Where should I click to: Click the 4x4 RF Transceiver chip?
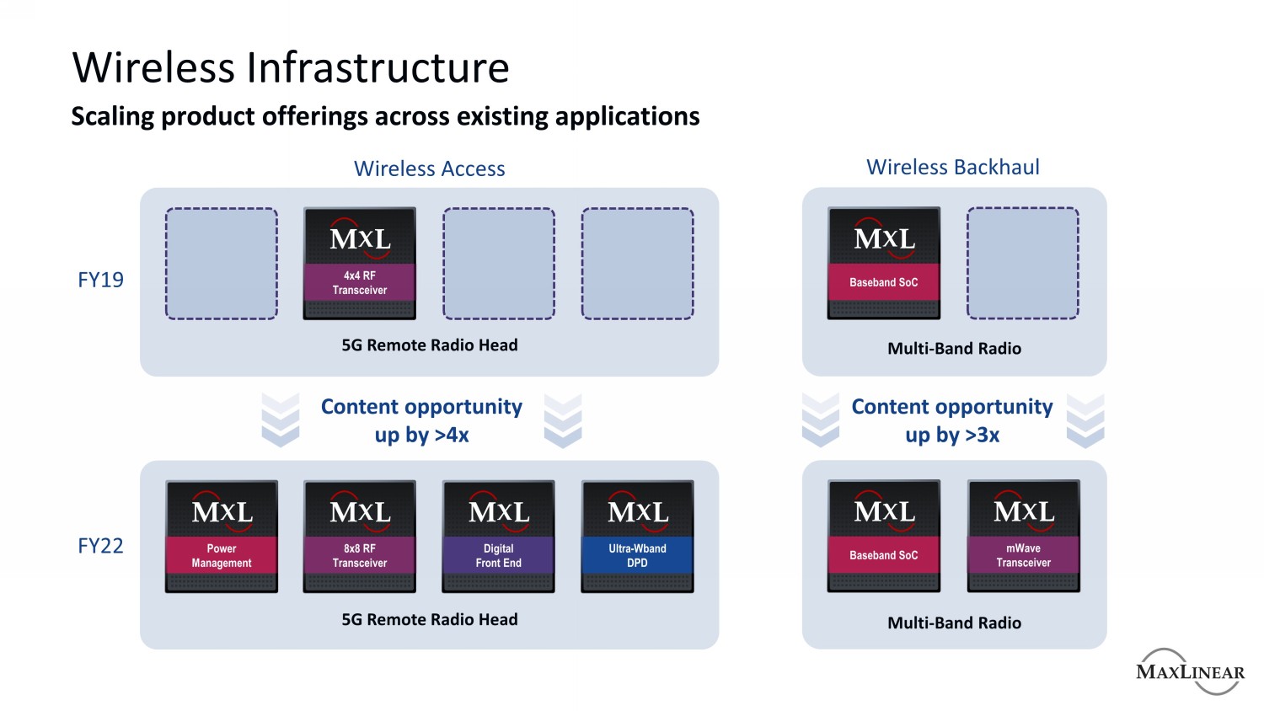[360, 264]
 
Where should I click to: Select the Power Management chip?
[222, 537]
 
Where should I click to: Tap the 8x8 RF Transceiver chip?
[360, 537]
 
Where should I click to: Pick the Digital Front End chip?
[499, 537]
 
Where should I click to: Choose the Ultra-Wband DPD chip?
[637, 537]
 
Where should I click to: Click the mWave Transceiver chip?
[1024, 537]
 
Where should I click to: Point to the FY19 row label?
[100, 280]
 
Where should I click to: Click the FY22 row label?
[100, 546]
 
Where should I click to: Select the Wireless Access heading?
[429, 168]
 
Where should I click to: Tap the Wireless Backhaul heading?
[953, 167]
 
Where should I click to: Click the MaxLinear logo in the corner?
[1190, 671]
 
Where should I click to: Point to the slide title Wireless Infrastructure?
[291, 67]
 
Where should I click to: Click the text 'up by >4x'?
[422, 436]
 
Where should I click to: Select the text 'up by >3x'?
[952, 436]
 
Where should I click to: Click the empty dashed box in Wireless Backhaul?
[1023, 264]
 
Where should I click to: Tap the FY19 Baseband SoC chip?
[884, 264]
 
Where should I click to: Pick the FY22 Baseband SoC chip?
[884, 537]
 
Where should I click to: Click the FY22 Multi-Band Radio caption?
[954, 623]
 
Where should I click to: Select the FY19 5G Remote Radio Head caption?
[430, 345]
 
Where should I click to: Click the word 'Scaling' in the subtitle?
[113, 116]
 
